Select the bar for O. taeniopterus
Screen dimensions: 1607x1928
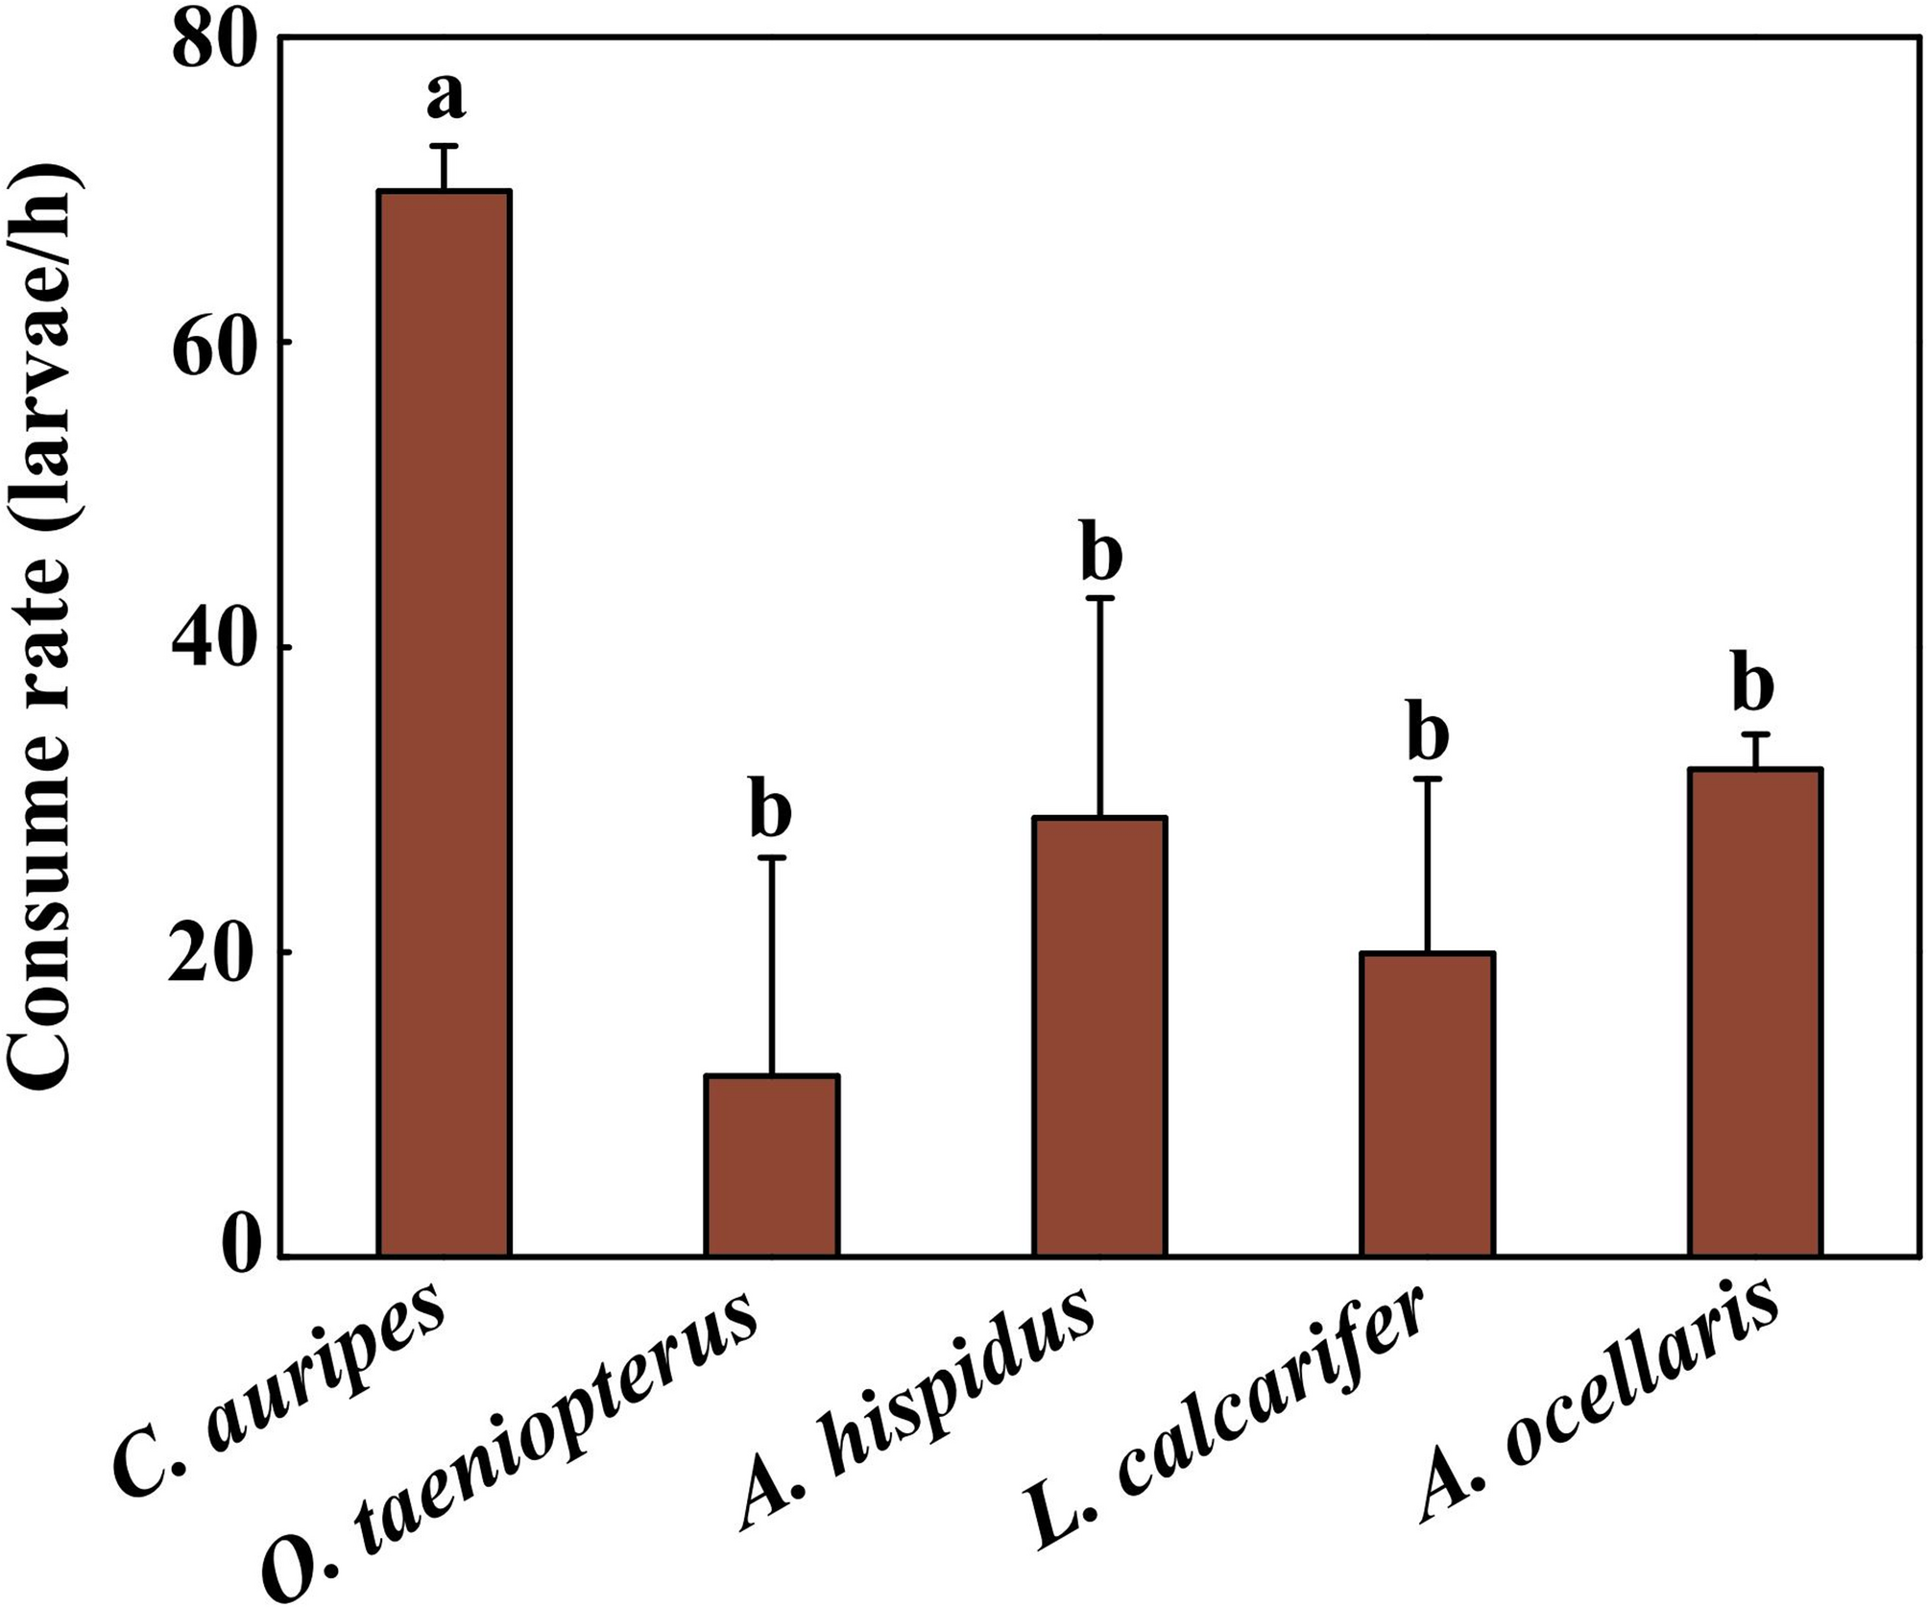pos(771,1164)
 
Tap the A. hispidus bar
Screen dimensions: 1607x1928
pos(1099,1036)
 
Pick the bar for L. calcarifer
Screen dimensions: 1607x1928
pos(1427,1104)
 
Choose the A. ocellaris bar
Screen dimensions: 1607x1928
pos(1755,1012)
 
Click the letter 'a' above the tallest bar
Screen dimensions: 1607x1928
pos(446,97)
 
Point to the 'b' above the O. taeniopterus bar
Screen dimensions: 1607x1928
pos(770,812)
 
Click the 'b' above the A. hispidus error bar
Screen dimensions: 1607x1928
pos(1100,554)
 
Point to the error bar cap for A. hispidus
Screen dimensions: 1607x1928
pos(1100,598)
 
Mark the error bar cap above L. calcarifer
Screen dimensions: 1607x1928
pos(1428,779)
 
